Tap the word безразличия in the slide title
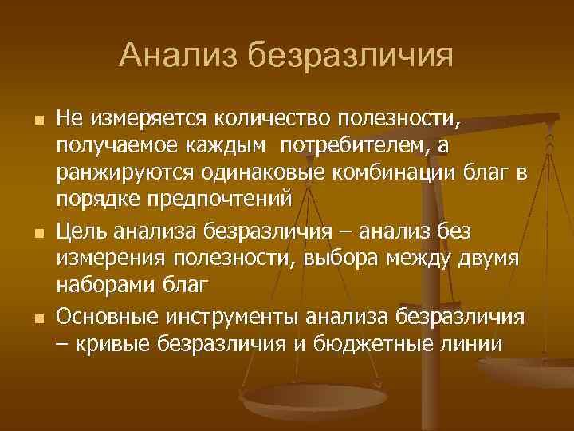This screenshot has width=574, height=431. [x=350, y=56]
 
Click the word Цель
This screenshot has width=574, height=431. [x=82, y=231]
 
